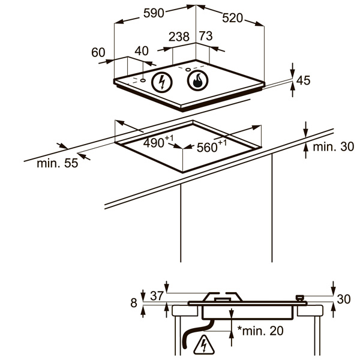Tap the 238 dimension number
click(179, 37)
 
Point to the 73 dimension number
click(205, 37)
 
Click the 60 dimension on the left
click(98, 52)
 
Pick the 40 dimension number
click(142, 52)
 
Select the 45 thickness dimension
click(304, 80)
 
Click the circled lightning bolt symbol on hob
click(161, 82)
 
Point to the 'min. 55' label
click(57, 163)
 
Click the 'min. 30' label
click(334, 146)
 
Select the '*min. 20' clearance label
click(260, 329)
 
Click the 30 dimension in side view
click(344, 299)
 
